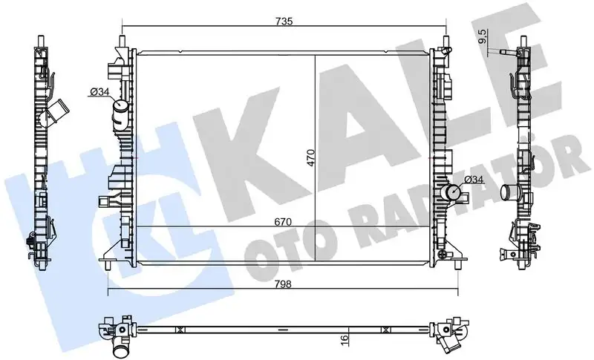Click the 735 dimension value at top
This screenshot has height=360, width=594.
point(284,22)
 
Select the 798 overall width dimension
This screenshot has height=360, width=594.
point(283,285)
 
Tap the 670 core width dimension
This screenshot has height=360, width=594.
point(284,222)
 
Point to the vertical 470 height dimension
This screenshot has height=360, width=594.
point(310,158)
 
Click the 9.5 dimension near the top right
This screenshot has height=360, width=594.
point(483,37)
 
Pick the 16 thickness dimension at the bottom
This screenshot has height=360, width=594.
point(344,339)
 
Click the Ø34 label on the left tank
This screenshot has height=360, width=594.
point(99,91)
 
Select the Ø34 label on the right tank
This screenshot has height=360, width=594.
point(474,180)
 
